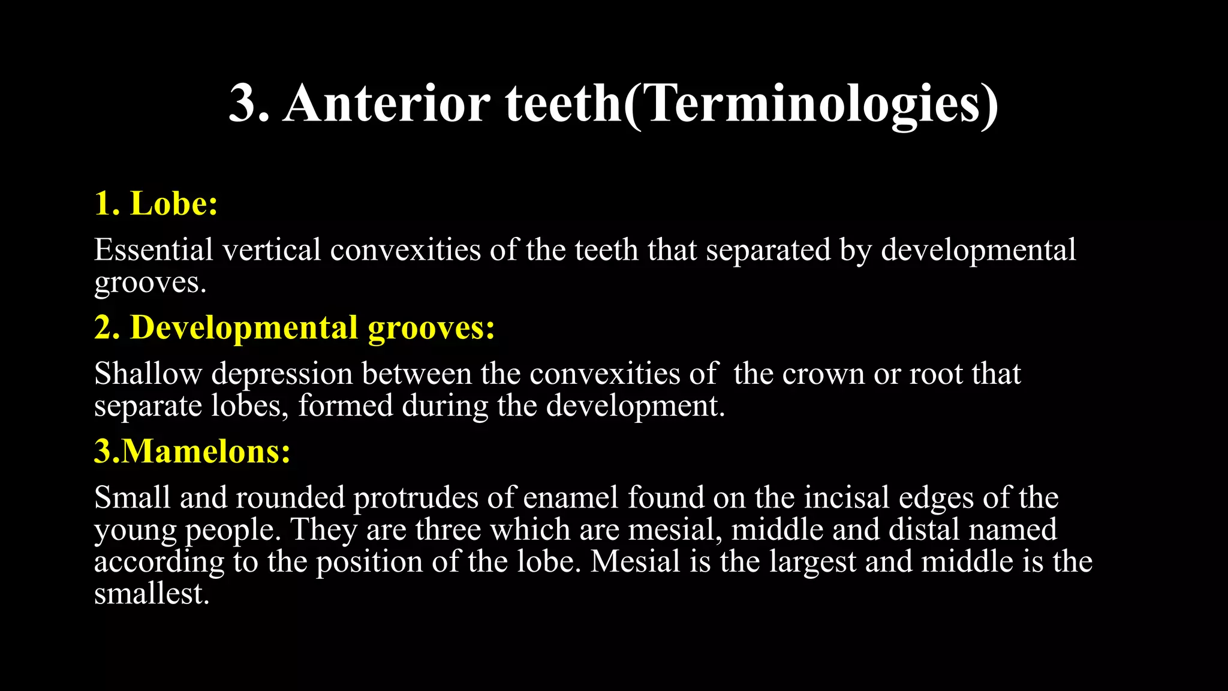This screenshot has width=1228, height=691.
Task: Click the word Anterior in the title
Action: [386, 103]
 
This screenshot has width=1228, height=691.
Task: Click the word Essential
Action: [153, 250]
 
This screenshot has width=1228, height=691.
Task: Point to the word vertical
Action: [272, 250]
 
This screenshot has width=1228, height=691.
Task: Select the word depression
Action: [282, 375]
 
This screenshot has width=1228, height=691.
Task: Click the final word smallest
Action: [151, 594]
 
